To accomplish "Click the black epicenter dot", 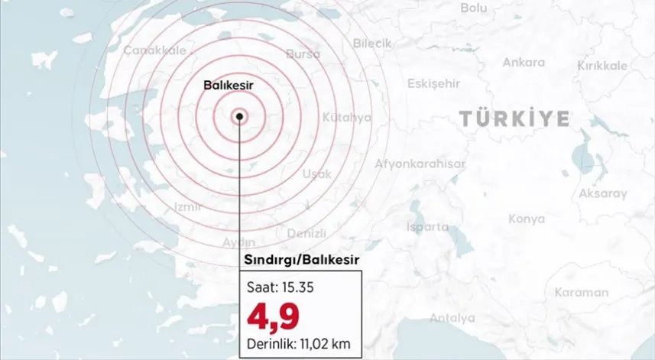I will pyautogui.click(x=240, y=116).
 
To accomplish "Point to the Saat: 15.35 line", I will pyautogui.click(x=280, y=289).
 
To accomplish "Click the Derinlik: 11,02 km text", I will pyautogui.click(x=298, y=343).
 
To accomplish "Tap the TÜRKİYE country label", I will pyautogui.click(x=514, y=118).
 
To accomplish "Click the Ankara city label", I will pyautogui.click(x=524, y=62).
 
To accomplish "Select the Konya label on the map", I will pyautogui.click(x=527, y=219).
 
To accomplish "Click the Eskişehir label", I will pyautogui.click(x=433, y=83).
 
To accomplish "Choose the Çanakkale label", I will pyautogui.click(x=154, y=50).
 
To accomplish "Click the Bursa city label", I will pyautogui.click(x=303, y=54).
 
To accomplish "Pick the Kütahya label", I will pyautogui.click(x=346, y=118).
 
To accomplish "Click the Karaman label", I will pyautogui.click(x=581, y=292).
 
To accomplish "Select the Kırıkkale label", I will pyautogui.click(x=601, y=66).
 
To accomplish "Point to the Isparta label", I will pyautogui.click(x=427, y=227).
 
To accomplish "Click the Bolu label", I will pyautogui.click(x=474, y=8).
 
